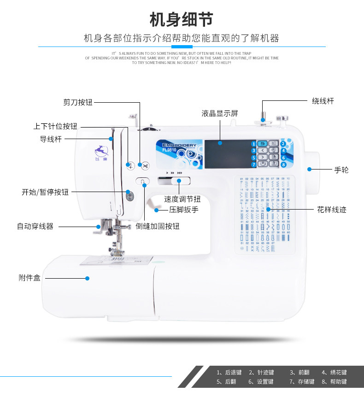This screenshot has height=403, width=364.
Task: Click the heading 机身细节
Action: [182, 20]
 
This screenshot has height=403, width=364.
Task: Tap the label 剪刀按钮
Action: [78, 102]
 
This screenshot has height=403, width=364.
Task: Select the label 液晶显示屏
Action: [220, 113]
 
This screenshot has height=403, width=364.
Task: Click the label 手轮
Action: [341, 170]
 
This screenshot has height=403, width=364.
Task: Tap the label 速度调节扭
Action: [182, 199]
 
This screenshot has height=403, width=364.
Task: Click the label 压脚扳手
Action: [183, 210]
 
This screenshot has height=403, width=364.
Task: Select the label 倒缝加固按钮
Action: [158, 226]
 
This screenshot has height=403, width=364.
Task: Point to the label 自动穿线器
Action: [35, 226]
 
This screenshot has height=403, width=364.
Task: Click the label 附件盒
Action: [29, 278]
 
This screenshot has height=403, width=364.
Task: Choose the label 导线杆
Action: [51, 139]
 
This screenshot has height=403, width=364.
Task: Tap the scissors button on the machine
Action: [145, 165]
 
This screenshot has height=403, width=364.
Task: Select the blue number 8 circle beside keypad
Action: [283, 164]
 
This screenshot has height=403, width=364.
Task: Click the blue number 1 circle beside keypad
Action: [253, 144]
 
